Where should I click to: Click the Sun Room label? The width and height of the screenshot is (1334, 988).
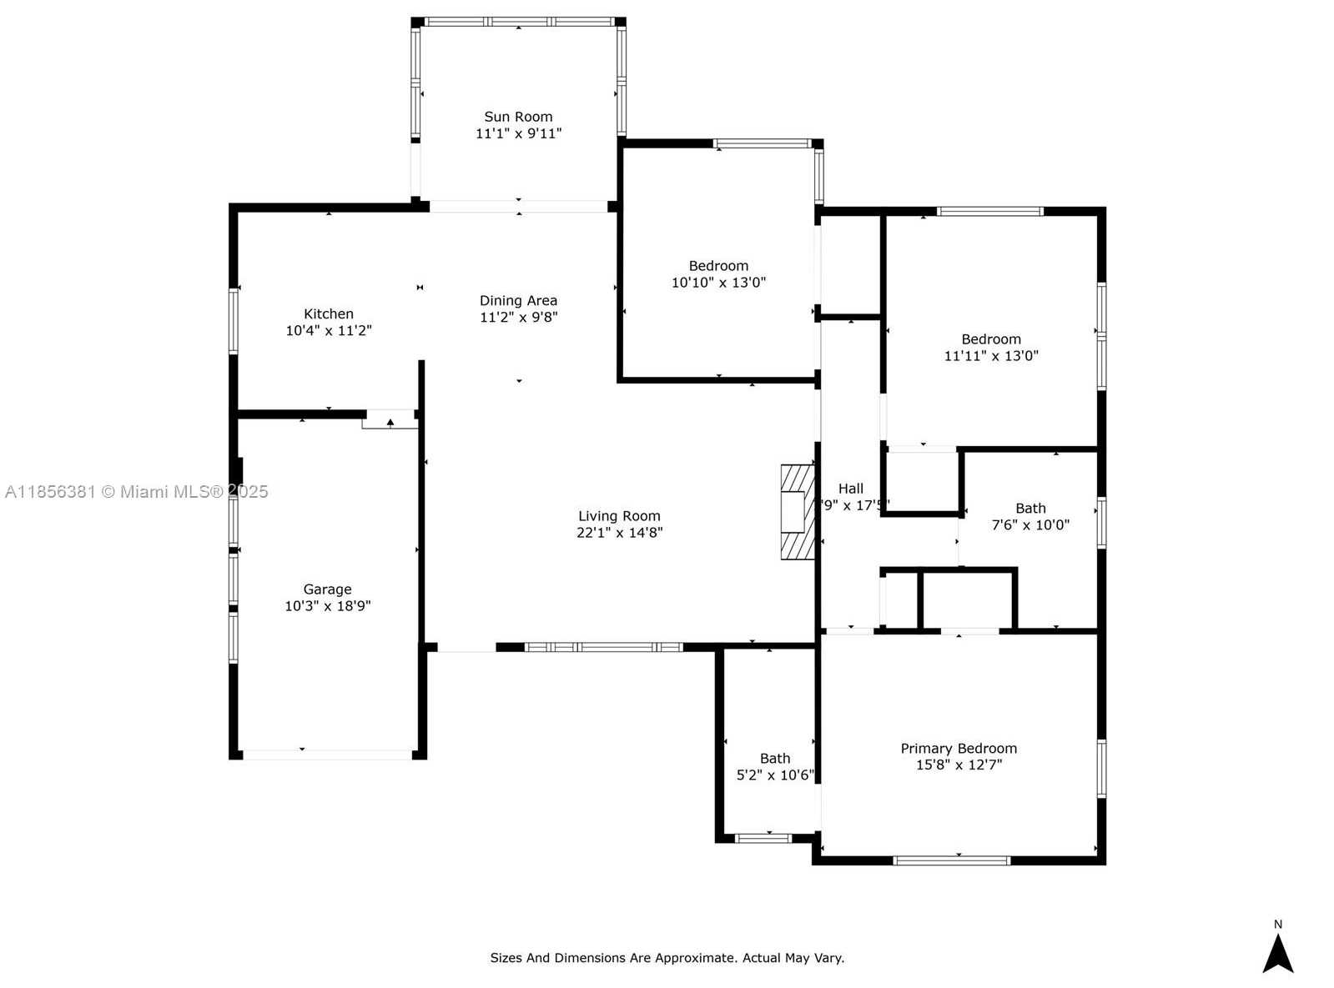tap(518, 117)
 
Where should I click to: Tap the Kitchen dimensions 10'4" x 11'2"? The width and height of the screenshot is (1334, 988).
tap(329, 330)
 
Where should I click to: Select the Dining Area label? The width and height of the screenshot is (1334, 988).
tap(518, 300)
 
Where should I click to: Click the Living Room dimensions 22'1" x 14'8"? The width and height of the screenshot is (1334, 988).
tap(619, 532)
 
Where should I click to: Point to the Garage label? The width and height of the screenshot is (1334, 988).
tap(327, 589)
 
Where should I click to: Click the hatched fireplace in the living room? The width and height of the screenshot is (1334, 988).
tap(797, 511)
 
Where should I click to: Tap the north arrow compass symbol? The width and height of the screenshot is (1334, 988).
tap(1277, 954)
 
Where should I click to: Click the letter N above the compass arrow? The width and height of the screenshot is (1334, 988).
tap(1277, 924)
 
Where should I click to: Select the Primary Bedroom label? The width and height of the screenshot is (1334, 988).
tap(958, 748)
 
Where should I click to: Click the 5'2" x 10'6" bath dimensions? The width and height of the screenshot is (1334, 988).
tap(774, 775)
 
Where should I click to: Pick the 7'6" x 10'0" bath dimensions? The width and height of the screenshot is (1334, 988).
tap(1030, 524)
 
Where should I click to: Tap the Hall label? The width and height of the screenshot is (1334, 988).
tap(850, 489)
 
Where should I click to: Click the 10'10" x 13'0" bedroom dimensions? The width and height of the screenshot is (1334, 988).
tap(718, 282)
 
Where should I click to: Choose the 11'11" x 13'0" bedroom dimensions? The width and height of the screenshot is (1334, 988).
tap(991, 355)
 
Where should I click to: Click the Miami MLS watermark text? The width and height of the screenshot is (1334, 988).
tap(136, 491)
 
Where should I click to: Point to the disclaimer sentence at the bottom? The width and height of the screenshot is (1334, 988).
tap(667, 958)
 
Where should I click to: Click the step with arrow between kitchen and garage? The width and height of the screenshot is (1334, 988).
tap(390, 421)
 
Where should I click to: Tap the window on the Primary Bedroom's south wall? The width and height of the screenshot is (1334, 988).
tap(951, 860)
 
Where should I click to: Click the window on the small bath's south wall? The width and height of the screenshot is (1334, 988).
tap(763, 838)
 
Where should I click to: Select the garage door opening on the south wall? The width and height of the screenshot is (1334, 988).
tap(327, 755)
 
